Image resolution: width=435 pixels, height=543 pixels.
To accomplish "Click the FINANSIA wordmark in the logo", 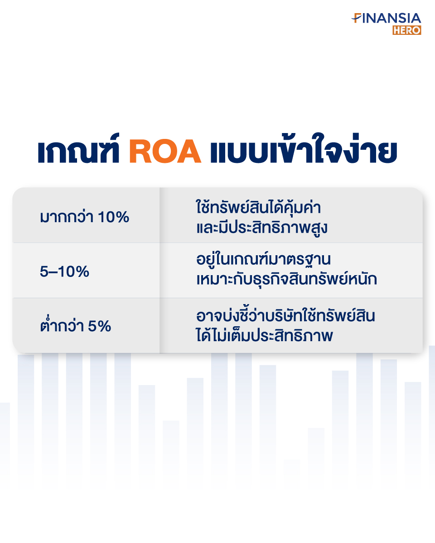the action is pos(387,18).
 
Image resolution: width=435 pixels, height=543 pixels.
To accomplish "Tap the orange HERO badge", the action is pos(407,30).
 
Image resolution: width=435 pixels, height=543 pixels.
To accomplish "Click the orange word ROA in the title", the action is pos(165,151).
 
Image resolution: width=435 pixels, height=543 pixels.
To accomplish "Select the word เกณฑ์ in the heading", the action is pos(78,148).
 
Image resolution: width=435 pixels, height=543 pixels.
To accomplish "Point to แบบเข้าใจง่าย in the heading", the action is pos(304,148).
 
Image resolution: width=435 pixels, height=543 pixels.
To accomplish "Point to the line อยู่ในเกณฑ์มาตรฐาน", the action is pos(263,259).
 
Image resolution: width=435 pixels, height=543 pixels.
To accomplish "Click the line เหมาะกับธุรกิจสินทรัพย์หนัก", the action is pos(287,279).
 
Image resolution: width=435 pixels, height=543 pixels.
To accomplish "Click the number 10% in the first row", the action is pos(113,217).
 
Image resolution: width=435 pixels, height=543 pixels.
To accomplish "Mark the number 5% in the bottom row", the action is pos(99,326).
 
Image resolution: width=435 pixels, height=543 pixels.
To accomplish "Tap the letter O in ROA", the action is pos(165,151).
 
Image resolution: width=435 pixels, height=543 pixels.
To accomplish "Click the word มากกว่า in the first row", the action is pos(67,217).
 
